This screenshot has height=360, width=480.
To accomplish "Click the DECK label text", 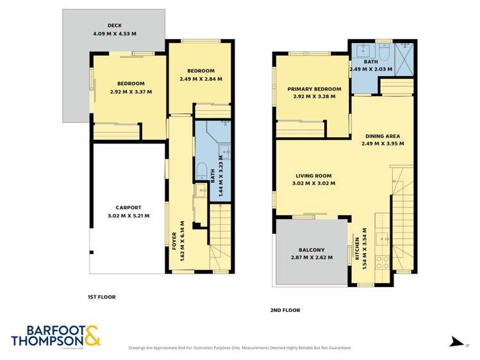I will pyautogui.click(x=115, y=26).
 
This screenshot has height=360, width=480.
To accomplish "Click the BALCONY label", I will pyautogui.click(x=311, y=250).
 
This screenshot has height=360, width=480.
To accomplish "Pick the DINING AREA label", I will pyautogui.click(x=382, y=136).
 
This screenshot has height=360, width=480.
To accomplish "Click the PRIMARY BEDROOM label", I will pyautogui.click(x=314, y=89).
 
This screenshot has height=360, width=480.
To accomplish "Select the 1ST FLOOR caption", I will pyautogui.click(x=101, y=297).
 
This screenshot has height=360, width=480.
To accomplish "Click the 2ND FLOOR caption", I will pyautogui.click(x=285, y=310).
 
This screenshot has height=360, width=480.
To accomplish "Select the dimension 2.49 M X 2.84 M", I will pyautogui.click(x=201, y=79).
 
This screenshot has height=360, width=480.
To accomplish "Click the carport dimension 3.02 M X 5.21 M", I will pyautogui.click(x=128, y=216).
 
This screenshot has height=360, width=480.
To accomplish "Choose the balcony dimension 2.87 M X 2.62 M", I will pyautogui.click(x=311, y=258).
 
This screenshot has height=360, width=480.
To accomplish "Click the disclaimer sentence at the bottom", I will pyautogui.click(x=240, y=348).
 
